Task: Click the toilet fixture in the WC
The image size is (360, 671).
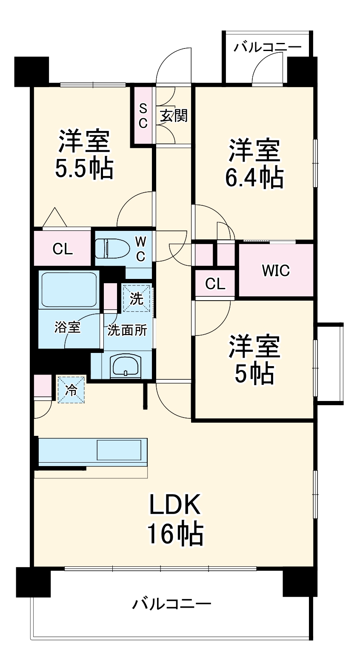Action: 111,248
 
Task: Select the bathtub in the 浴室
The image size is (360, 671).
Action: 69,290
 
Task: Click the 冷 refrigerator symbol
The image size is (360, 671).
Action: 72,390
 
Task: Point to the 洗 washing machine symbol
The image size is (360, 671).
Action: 137,299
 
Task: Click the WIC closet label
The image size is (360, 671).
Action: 276,270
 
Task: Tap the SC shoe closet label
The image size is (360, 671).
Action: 143,115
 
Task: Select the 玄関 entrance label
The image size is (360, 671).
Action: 174,116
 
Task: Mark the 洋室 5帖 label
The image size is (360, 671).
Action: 254,360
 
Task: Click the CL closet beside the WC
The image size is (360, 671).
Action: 63,249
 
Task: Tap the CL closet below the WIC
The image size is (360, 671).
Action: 215,284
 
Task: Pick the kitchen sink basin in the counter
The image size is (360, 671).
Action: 119,450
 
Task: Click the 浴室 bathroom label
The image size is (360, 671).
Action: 68,327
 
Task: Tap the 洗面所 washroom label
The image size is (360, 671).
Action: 127,330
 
